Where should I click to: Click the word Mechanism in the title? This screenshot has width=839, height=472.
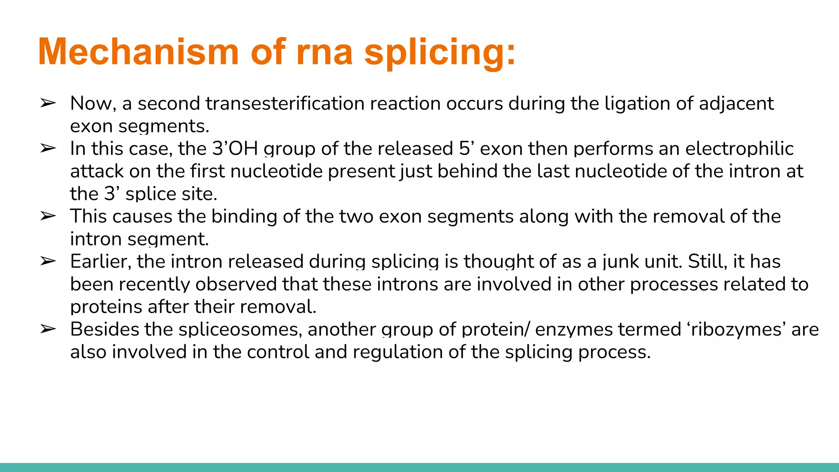click(138, 52)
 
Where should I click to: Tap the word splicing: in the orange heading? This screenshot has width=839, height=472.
click(440, 52)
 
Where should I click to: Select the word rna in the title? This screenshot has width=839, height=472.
click(324, 52)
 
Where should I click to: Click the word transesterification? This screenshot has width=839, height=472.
click(285, 103)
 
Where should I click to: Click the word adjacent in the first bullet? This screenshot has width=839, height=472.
click(736, 103)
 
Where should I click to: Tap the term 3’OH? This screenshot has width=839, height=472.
click(235, 148)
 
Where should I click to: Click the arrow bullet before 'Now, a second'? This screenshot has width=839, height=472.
click(48, 103)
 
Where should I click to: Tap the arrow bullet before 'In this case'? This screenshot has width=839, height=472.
click(48, 148)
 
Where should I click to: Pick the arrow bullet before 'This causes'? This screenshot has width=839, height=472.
click(48, 216)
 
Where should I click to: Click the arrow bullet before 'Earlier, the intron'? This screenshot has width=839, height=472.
click(48, 261)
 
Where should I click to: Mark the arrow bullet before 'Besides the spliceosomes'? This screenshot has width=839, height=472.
click(48, 329)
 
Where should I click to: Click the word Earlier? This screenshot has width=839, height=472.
click(101, 261)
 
